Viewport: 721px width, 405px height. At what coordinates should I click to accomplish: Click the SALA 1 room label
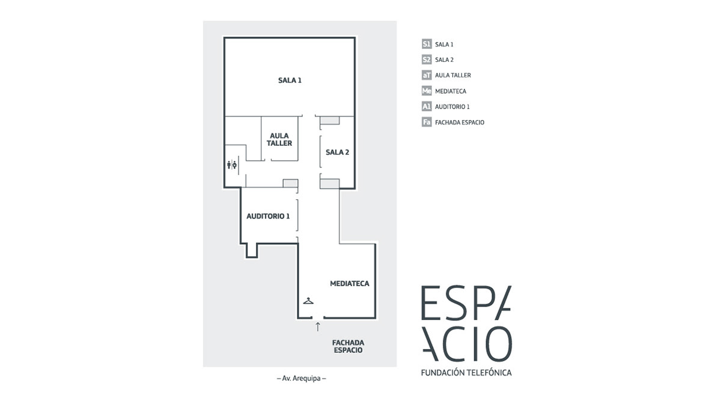click(x=290, y=80)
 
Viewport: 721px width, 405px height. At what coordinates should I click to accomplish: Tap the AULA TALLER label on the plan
click(x=280, y=140)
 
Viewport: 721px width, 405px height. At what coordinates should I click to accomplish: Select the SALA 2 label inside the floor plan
click(x=337, y=152)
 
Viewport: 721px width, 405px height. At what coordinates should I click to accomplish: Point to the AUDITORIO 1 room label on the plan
click(x=268, y=216)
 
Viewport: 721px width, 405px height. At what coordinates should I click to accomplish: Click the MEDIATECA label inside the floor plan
click(x=349, y=283)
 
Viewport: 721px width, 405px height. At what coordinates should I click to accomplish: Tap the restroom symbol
click(x=232, y=164)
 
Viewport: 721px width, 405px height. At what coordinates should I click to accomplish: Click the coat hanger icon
click(x=308, y=300)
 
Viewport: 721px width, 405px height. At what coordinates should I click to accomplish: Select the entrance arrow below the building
click(x=318, y=326)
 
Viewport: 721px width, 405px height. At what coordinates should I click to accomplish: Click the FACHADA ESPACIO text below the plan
click(x=348, y=347)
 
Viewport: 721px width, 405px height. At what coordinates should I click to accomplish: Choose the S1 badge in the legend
click(x=427, y=44)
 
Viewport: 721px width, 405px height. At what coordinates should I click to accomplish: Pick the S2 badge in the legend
click(x=427, y=60)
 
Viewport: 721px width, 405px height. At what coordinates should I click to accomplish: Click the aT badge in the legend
click(x=427, y=76)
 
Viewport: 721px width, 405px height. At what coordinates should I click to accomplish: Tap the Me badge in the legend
click(x=427, y=91)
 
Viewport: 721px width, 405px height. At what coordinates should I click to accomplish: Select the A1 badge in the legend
click(x=427, y=107)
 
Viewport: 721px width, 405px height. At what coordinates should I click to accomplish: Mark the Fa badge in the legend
click(x=427, y=122)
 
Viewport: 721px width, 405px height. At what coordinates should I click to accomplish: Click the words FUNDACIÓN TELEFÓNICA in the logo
click(x=466, y=373)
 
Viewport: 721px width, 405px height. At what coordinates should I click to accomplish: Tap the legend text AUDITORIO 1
click(x=452, y=107)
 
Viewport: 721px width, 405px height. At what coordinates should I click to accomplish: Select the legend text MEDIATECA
click(x=451, y=91)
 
